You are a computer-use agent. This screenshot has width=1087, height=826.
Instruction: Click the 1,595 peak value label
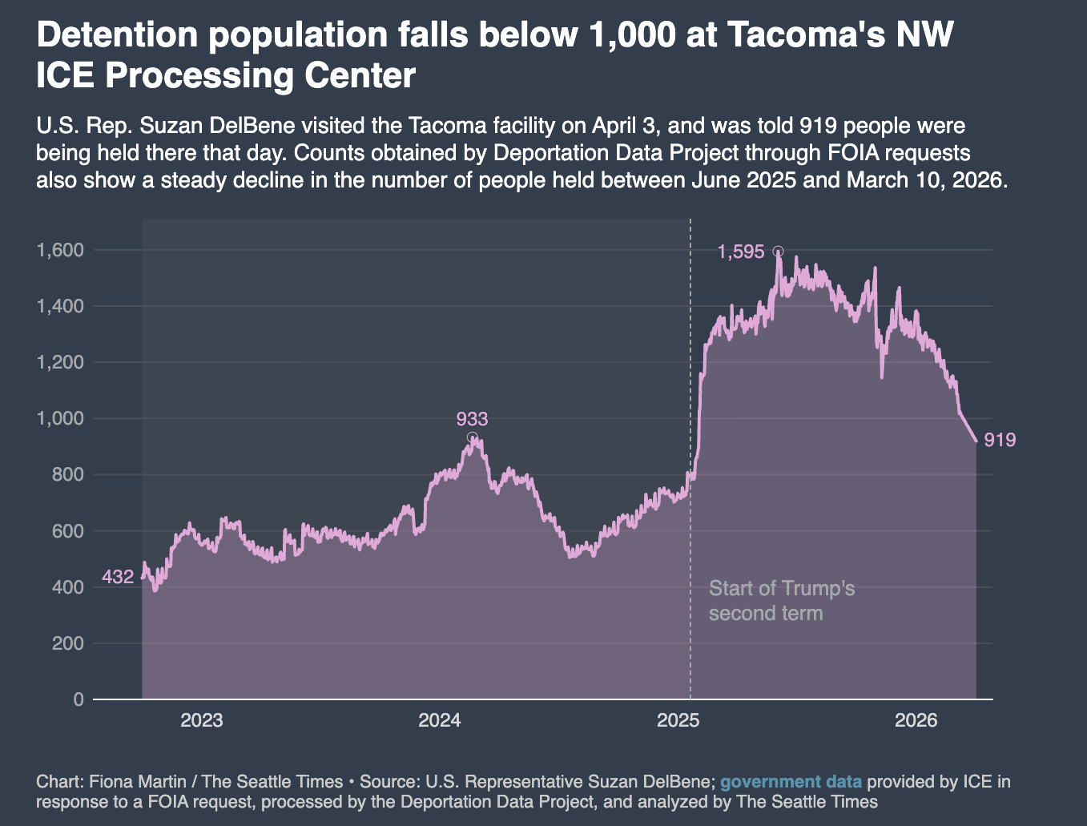[x=741, y=252]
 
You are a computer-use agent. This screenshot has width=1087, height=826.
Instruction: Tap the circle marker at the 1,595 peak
[x=778, y=252]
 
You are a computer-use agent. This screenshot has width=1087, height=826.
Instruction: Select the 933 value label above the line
[x=472, y=418]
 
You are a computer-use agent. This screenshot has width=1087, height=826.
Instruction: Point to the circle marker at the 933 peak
[x=473, y=437]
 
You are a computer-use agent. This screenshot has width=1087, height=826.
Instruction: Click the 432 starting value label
[x=118, y=577]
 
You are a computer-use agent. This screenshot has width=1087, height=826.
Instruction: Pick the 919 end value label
[x=1000, y=440]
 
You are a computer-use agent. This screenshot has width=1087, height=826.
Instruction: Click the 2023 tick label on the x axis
[x=202, y=720]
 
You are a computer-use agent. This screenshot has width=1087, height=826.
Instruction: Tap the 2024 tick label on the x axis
[x=440, y=720]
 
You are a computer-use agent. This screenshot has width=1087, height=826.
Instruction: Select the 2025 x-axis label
[x=678, y=720]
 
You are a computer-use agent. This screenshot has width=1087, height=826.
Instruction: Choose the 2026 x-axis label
[x=916, y=720]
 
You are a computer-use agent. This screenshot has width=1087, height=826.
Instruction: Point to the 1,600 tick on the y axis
[x=60, y=250]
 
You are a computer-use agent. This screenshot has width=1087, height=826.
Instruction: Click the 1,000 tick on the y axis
[x=60, y=418]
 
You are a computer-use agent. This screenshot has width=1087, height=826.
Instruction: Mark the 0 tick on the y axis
[x=78, y=699]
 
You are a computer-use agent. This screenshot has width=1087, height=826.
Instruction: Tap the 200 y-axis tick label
[x=67, y=643]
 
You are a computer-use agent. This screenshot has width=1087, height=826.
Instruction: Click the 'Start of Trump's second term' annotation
[x=781, y=601]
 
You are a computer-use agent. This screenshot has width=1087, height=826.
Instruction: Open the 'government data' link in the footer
[x=791, y=782]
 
